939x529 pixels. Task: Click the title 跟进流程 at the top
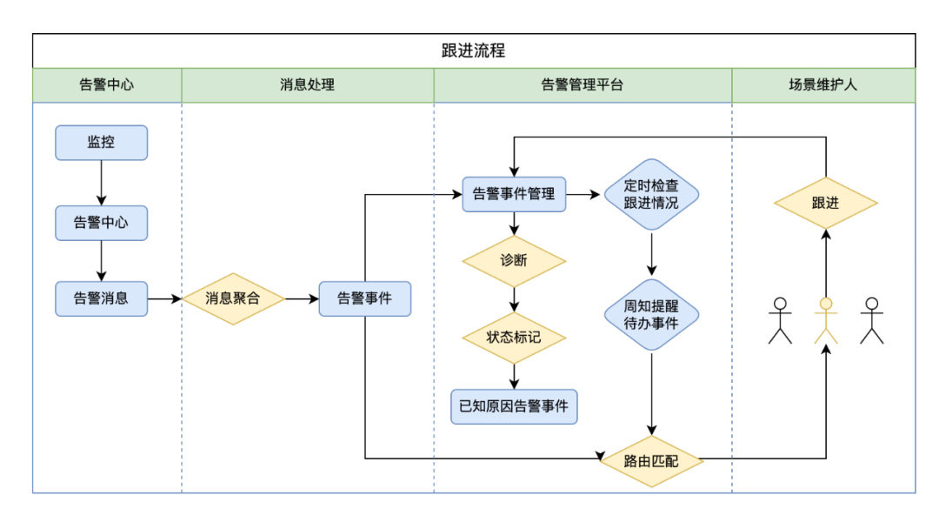coord(474,50)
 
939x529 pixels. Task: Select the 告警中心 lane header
coord(106,85)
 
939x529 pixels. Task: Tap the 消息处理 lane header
coord(307,85)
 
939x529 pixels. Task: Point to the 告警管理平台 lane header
coord(582,85)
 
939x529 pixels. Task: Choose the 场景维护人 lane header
coord(822,85)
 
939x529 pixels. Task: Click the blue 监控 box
coord(101,143)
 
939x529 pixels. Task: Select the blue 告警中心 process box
coord(101,223)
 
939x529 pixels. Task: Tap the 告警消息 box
coord(101,298)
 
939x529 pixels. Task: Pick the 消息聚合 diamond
coord(232,298)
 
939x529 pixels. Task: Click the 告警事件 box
coord(364,298)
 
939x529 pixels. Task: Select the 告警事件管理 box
coord(514,194)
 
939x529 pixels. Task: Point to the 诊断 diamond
coord(514,260)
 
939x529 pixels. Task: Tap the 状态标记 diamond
coord(514,337)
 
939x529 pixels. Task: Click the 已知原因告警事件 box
coord(514,406)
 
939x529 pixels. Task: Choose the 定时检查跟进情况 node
coord(651,194)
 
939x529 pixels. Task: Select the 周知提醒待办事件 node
coord(651,314)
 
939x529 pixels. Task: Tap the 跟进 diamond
coord(825,203)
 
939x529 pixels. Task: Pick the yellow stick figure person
coord(825,320)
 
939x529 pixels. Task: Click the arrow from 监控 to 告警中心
coord(101,183)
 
